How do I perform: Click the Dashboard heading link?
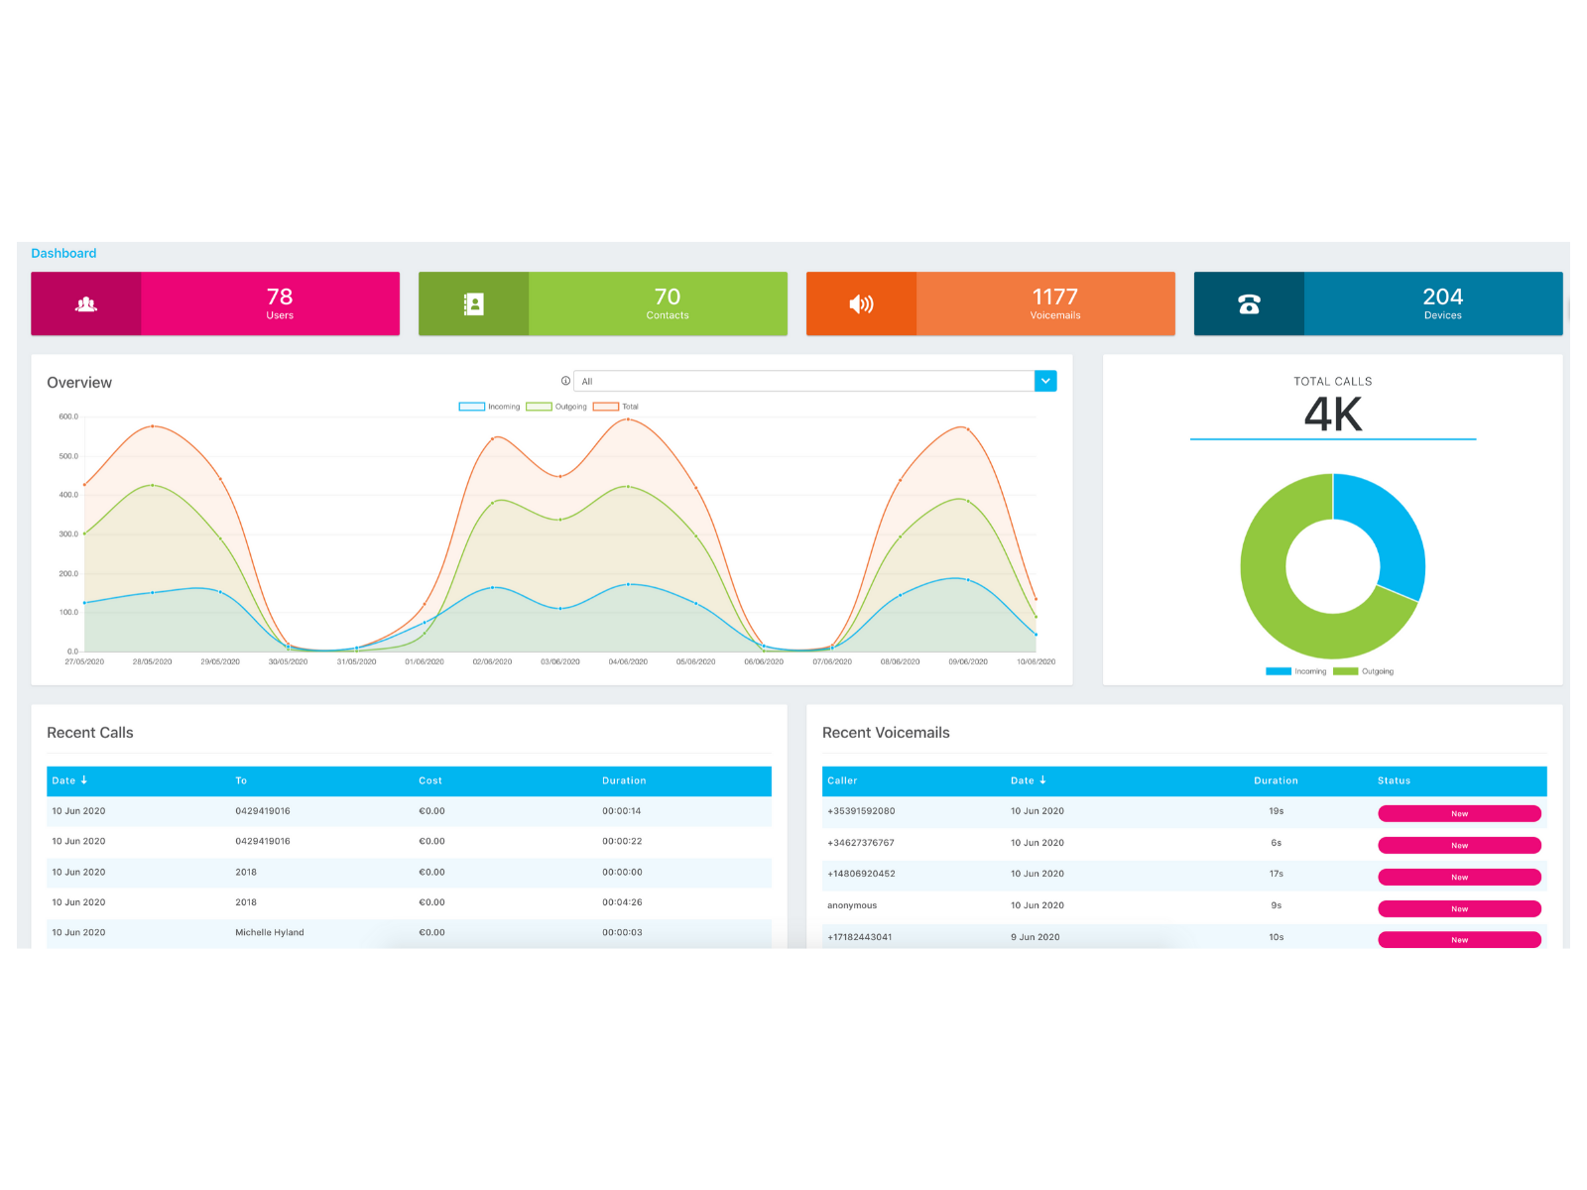click(63, 254)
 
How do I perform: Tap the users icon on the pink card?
click(86, 304)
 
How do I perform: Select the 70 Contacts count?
click(667, 297)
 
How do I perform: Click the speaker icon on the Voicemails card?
click(861, 304)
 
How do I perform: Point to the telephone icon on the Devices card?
click(1249, 304)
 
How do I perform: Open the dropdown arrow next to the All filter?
click(1045, 381)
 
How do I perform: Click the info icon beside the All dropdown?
click(565, 381)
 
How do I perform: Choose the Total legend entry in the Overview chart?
click(617, 407)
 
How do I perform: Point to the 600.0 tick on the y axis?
click(68, 417)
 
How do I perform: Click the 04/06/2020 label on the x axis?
click(628, 661)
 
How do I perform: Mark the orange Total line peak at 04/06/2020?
click(628, 419)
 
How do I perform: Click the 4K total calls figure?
click(1333, 415)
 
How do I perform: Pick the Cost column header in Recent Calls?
click(430, 781)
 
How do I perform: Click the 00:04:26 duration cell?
click(622, 902)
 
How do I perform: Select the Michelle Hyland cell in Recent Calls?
click(270, 933)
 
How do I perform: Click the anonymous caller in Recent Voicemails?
click(852, 905)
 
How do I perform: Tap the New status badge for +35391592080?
click(1459, 814)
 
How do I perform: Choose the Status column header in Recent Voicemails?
click(1394, 781)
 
